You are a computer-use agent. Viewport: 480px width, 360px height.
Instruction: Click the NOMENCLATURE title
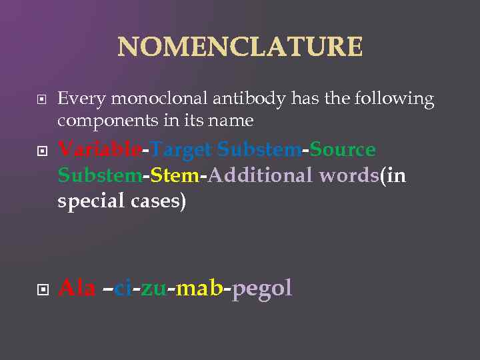tap(240, 47)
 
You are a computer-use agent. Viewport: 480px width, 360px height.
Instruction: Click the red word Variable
tap(99, 150)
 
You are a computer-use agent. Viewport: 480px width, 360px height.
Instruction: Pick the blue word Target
tap(180, 150)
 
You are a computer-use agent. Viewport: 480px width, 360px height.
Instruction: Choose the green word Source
tap(342, 150)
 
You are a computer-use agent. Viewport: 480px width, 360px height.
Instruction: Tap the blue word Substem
tap(259, 150)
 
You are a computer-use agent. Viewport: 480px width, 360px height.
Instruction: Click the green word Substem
tap(99, 176)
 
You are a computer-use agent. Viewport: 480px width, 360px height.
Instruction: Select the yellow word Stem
tap(175, 176)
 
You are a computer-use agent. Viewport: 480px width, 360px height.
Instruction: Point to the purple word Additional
tap(261, 176)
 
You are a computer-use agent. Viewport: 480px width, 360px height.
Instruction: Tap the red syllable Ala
tap(77, 288)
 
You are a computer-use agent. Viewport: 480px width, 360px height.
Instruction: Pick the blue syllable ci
tap(122, 288)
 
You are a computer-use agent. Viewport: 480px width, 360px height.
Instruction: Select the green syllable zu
tap(153, 288)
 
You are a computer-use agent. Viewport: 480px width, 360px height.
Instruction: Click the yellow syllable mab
tap(198, 288)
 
